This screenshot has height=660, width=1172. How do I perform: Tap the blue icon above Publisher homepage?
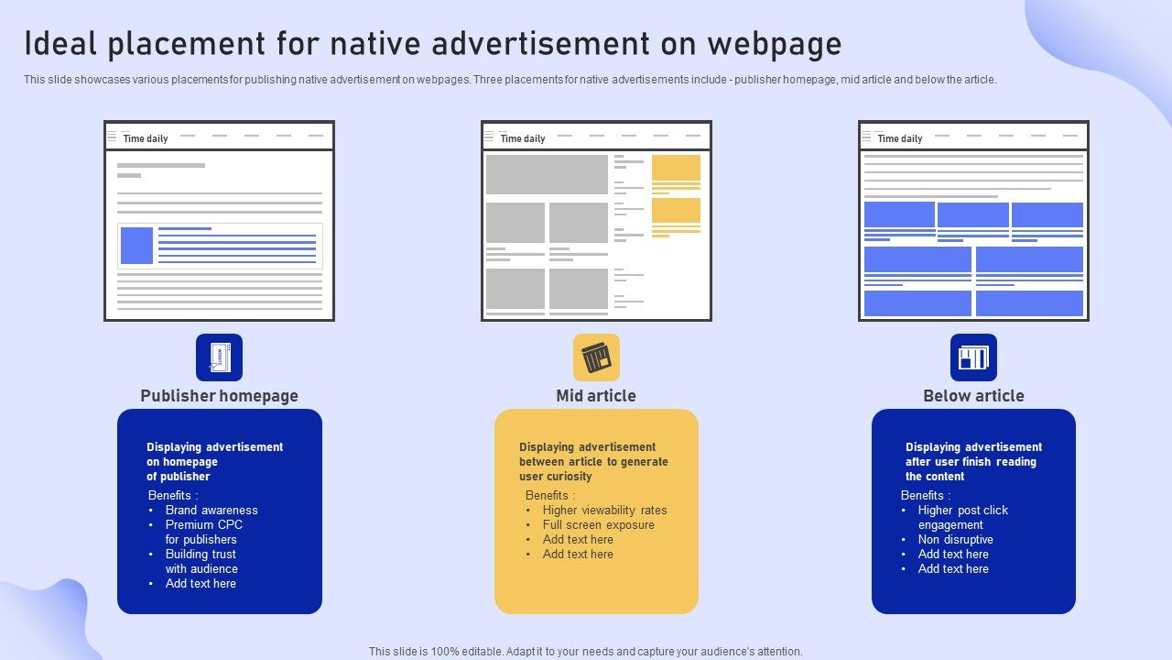click(219, 357)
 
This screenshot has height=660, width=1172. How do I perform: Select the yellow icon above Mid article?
click(596, 357)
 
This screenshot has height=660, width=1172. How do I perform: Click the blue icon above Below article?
click(973, 357)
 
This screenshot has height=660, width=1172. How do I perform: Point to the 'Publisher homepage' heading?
click(219, 395)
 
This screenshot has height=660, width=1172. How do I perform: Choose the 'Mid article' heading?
click(596, 395)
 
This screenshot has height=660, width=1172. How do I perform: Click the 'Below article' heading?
click(973, 395)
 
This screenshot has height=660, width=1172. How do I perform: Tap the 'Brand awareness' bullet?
click(212, 511)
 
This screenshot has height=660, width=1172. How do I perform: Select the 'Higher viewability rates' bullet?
click(605, 511)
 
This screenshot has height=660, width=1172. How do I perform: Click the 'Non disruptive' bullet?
click(955, 540)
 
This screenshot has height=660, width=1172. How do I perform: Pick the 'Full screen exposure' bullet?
click(599, 525)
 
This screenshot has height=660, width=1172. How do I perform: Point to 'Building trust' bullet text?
click(201, 555)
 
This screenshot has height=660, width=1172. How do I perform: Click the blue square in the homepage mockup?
click(136, 245)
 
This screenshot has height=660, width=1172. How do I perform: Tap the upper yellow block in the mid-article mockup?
click(676, 168)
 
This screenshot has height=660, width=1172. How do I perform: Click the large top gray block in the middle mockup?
click(547, 174)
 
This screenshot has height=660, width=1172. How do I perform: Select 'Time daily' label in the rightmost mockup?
click(900, 138)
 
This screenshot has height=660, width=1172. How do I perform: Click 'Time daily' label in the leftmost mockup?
click(146, 138)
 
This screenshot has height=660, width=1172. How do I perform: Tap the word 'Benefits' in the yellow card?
click(547, 496)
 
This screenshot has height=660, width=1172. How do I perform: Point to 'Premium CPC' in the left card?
click(204, 525)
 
